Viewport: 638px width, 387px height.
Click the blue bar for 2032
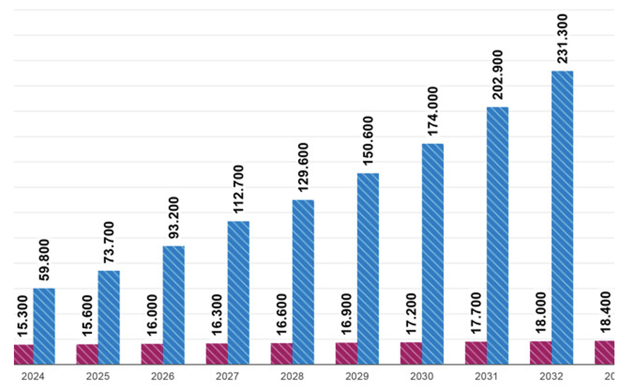tap(562, 218)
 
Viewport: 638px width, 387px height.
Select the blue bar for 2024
tap(44, 326)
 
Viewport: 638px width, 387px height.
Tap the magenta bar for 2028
tap(281, 353)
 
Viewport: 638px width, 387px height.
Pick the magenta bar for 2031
tap(476, 353)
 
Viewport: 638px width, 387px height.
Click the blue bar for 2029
tap(368, 269)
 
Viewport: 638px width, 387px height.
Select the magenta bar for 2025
tap(87, 354)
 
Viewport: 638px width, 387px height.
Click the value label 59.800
tap(44, 260)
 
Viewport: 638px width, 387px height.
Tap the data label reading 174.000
tap(433, 111)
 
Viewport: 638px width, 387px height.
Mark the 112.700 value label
tap(238, 189)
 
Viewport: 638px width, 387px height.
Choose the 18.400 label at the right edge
tap(605, 312)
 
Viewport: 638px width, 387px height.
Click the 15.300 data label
tap(22, 316)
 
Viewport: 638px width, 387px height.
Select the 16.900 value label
tap(346, 314)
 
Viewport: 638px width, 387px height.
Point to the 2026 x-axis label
tap(162, 376)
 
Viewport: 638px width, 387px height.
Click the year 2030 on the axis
tap(422, 376)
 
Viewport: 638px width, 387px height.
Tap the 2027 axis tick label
tap(227, 376)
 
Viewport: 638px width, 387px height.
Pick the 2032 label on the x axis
tap(551, 376)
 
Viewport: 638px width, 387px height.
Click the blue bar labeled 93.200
tap(174, 305)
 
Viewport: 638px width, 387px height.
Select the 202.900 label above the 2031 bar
tap(498, 75)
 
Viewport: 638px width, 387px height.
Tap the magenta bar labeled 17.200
tap(411, 353)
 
